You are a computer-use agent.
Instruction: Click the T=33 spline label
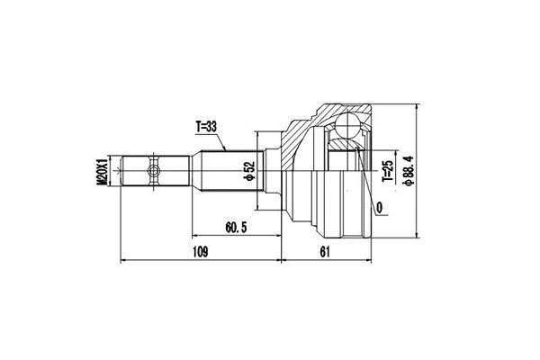[x=210, y=126]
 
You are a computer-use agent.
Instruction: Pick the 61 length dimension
[x=325, y=252]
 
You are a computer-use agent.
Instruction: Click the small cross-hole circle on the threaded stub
[x=154, y=168]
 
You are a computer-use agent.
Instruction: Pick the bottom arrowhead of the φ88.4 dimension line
[x=418, y=236]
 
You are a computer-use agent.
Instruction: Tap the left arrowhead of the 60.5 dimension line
[x=193, y=235]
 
